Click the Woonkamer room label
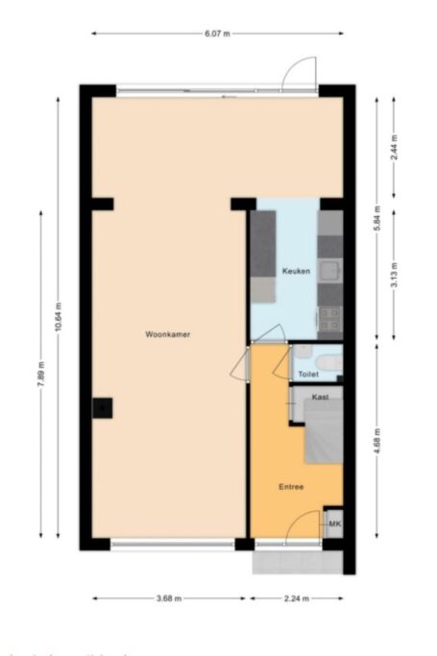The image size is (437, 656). (166, 334)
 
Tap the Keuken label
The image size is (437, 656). (296, 272)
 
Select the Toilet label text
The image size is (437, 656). (308, 374)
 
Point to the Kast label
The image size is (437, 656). (321, 396)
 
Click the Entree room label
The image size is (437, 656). (291, 487)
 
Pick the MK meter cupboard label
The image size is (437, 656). (335, 523)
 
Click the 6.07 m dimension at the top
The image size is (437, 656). (218, 34)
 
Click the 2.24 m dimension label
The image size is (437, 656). (297, 599)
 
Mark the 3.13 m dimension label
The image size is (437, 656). (395, 274)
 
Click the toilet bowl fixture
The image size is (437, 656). (328, 362)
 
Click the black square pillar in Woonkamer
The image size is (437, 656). (103, 408)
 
